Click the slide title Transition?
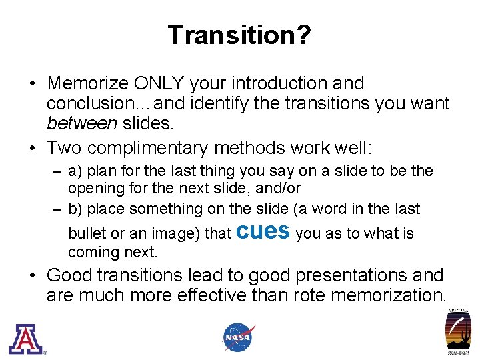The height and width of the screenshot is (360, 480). pyautogui.click(x=239, y=35)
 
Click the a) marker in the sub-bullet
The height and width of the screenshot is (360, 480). pyautogui.click(x=76, y=171)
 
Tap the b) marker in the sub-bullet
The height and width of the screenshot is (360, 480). pyautogui.click(x=77, y=209)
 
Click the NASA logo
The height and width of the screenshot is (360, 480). pyautogui.click(x=239, y=337)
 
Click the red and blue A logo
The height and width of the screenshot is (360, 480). pyautogui.click(x=25, y=338)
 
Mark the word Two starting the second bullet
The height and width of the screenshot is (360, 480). pyautogui.click(x=64, y=147)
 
